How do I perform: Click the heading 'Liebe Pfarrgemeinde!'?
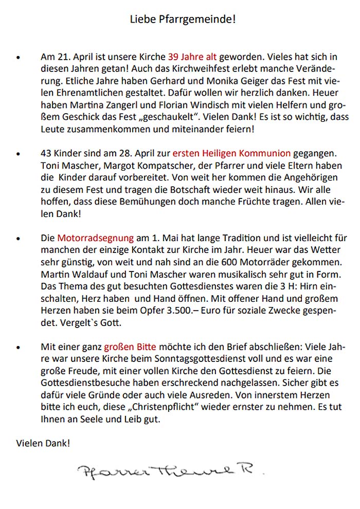tap(183, 20)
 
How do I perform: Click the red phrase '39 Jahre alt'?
tap(192, 57)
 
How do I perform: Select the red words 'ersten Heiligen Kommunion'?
tap(231, 153)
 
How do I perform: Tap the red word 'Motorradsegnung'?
tap(95, 239)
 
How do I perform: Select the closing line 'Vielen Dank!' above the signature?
tap(43, 443)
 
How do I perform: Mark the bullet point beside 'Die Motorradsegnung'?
tap(19, 240)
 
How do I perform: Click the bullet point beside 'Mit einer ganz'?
tap(19, 347)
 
